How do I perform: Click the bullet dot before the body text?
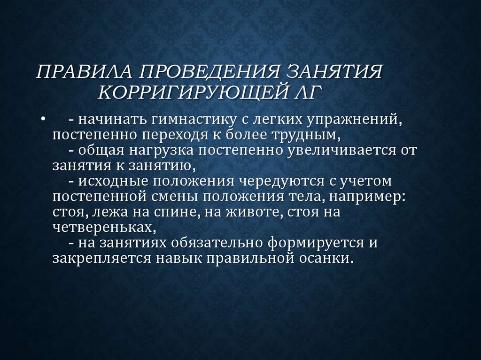tap(43, 120)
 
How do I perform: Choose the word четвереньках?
tap(103, 227)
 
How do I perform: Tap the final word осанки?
tap(327, 258)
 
